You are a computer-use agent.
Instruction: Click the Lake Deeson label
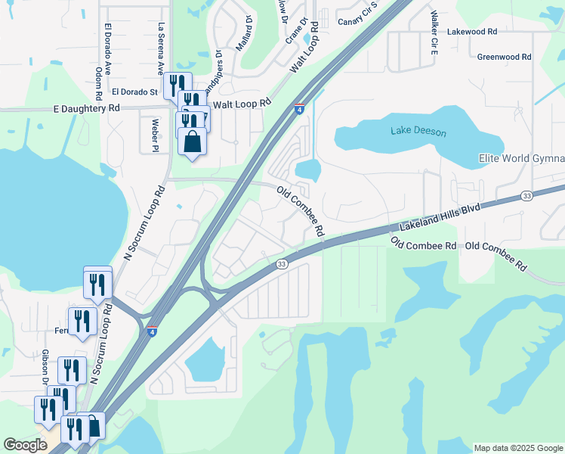tap(418, 132)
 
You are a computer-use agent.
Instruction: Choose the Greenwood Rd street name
tap(504, 57)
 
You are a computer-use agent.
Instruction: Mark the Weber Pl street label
tap(155, 134)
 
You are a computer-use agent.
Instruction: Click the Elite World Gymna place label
tap(521, 158)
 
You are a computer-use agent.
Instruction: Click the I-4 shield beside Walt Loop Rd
tap(300, 109)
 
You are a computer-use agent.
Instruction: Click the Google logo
tap(25, 445)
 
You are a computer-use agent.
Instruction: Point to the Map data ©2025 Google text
tap(517, 448)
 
